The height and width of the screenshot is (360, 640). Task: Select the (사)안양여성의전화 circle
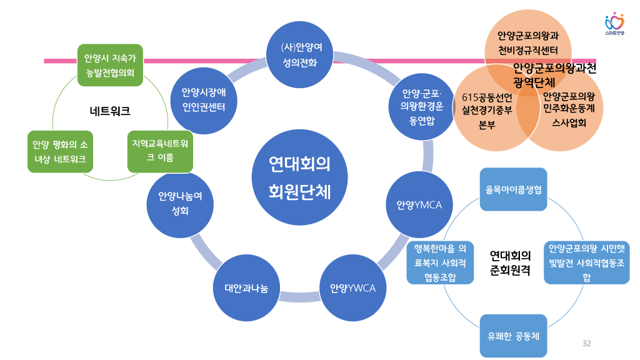point(299,54)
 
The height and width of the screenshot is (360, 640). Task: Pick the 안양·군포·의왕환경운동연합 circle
point(422,106)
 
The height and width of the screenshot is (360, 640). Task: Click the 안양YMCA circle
point(419,205)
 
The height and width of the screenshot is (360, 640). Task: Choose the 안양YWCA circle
point(352,288)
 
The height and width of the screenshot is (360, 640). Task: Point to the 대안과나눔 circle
point(246,288)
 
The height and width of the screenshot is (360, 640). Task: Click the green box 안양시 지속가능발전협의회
point(110,65)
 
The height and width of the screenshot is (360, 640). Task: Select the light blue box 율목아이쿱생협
point(513,189)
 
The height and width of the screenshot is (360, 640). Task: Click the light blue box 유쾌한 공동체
point(513,336)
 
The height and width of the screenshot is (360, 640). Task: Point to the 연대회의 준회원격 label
point(511,263)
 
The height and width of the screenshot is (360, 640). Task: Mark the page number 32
point(586,343)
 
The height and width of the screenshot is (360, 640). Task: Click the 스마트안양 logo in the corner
point(615,24)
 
